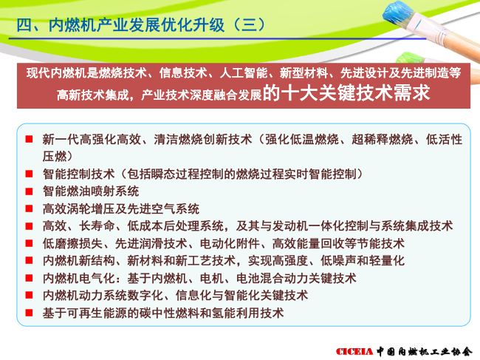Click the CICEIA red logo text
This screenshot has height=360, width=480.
(354, 351)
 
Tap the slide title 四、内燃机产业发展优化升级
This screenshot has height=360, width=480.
(120, 25)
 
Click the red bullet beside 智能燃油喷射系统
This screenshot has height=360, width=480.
(29, 191)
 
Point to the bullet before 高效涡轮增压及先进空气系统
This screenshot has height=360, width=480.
(29, 209)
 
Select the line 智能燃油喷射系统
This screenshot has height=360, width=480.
(91, 191)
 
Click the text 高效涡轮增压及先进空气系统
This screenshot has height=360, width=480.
(121, 209)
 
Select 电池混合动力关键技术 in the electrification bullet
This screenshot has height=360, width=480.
(296, 278)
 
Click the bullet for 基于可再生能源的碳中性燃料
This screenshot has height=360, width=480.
(29, 313)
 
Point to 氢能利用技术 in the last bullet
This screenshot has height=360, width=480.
(248, 313)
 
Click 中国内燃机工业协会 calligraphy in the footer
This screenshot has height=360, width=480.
(425, 351)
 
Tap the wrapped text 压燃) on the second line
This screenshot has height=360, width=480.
(58, 156)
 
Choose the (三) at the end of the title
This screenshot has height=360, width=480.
(249, 25)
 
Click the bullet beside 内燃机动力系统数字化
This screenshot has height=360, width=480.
(29, 296)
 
